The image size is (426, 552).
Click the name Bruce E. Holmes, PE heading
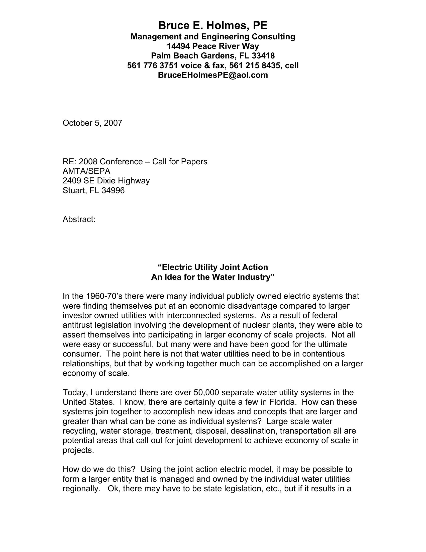point(213,26)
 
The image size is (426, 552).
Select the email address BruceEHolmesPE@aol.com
point(213,75)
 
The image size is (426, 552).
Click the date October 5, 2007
point(92,123)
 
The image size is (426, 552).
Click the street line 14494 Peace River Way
point(213,46)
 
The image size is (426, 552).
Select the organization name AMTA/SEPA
point(86,171)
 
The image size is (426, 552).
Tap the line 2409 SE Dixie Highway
point(106,181)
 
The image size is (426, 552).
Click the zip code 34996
point(113,190)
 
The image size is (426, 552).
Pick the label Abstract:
point(79,219)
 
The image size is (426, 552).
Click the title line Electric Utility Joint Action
point(213,267)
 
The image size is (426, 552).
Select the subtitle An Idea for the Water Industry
point(213,277)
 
